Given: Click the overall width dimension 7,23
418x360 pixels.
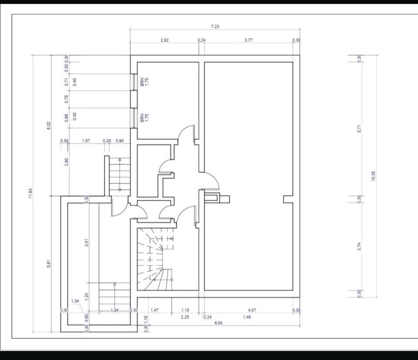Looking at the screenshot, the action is click(215, 27).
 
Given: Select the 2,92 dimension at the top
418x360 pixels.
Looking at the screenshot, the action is click(165, 40).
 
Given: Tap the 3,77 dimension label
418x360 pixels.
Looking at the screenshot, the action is click(248, 40).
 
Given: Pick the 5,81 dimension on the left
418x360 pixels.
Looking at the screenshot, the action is click(49, 263).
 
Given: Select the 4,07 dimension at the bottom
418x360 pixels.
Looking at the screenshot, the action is click(252, 310).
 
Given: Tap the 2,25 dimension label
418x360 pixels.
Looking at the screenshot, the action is click(185, 317).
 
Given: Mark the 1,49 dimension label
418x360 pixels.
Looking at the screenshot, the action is click(246, 317).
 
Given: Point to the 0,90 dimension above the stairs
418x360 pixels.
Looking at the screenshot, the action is click(120, 141).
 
